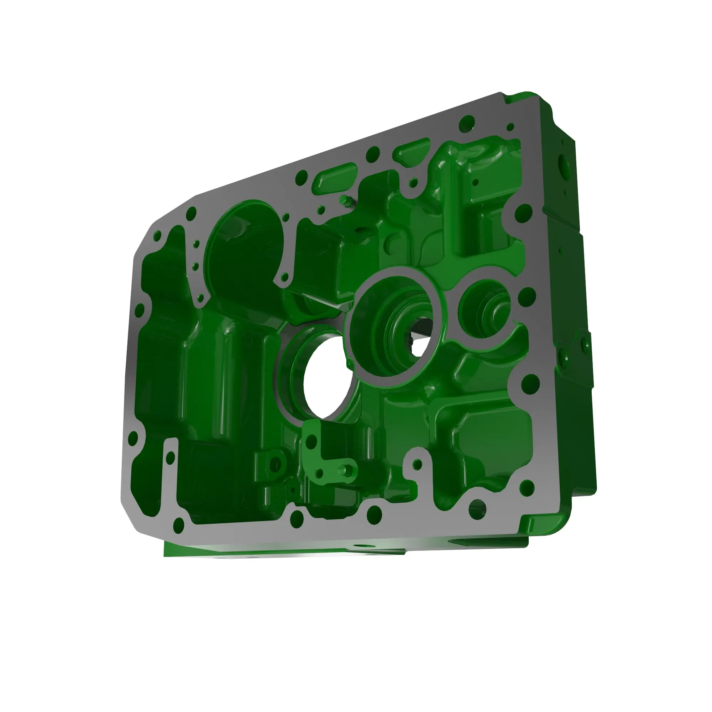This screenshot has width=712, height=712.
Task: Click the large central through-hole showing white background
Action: click(x=324, y=379)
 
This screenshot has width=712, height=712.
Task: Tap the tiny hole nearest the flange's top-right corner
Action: click(x=511, y=127)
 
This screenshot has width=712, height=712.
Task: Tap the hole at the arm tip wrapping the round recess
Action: click(x=284, y=277)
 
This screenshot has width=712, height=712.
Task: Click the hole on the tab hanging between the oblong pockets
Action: click(x=413, y=182)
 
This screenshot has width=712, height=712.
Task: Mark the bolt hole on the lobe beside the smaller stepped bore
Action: click(x=528, y=295)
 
